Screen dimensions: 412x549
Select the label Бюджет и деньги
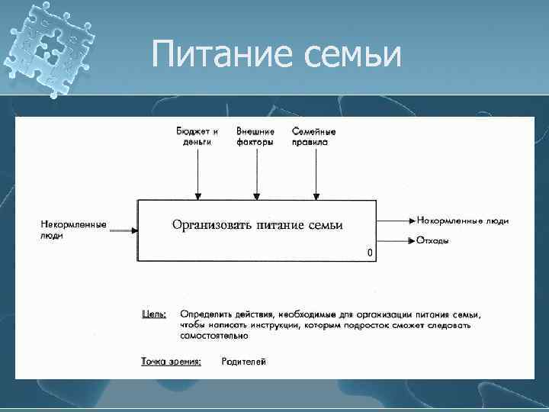pos(197,136)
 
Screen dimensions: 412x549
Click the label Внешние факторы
pos(255,136)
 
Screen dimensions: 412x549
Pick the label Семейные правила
pos(313,136)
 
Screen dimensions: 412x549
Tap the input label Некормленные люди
pos(73,230)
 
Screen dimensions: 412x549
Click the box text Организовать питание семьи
pos(257,224)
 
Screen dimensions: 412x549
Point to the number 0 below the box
pos(370,253)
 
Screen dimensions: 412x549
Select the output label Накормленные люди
pos(463,220)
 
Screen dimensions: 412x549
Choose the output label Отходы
pos(432,241)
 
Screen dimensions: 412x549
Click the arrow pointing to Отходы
pos(395,241)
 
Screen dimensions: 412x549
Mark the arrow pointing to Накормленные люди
pos(395,220)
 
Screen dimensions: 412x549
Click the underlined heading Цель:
pos(155,314)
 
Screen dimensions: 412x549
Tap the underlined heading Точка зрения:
pos(171,362)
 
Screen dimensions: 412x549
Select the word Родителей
pos(243,362)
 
